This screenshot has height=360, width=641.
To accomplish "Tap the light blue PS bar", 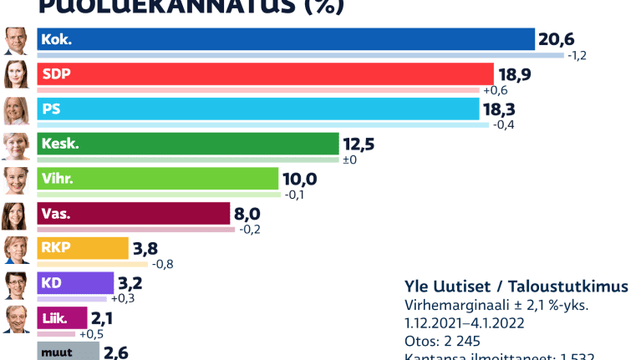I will [259, 109].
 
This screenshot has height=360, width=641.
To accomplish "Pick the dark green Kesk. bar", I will [188, 144].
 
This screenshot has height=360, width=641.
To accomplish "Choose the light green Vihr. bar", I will [158, 179].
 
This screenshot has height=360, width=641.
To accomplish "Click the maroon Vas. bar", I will [134, 214].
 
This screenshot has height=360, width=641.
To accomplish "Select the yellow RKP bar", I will [83, 248].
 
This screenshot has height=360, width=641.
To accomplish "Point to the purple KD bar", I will [75, 283].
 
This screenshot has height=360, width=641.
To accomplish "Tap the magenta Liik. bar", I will [63, 317].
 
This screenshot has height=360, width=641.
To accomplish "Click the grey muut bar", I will [67, 351].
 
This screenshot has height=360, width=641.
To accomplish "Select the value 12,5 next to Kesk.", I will [358, 144].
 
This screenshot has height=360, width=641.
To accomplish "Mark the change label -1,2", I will [579, 56].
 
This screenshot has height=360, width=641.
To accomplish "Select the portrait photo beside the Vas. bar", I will [14, 215].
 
